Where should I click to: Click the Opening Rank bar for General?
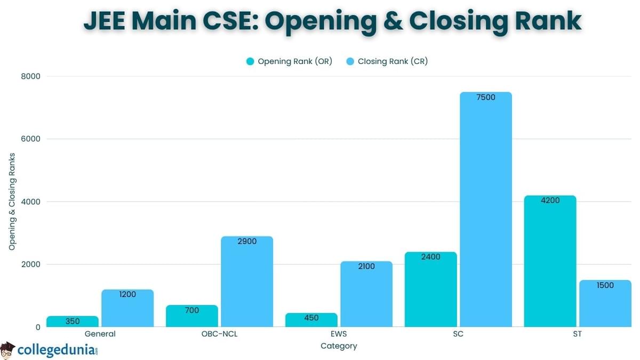pyautogui.click(x=73, y=322)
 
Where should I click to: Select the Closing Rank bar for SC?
pyautogui.click(x=486, y=213)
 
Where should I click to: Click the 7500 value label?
pyautogui.click(x=486, y=98)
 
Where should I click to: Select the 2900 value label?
pyautogui.click(x=247, y=242)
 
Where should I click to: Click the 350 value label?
pyautogui.click(x=73, y=321)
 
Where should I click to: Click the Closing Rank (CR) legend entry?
pyautogui.click(x=393, y=61)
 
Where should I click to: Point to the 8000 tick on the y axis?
pyautogui.click(x=31, y=76)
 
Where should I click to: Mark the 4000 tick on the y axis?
pyautogui.click(x=31, y=202)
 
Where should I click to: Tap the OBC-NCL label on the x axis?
pyautogui.click(x=220, y=334)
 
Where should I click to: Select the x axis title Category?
pyautogui.click(x=339, y=346)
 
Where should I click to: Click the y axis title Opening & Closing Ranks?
pyautogui.click(x=12, y=202)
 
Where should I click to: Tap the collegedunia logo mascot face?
pyautogui.click(x=7, y=350)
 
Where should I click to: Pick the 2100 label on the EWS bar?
pyautogui.click(x=366, y=266)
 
